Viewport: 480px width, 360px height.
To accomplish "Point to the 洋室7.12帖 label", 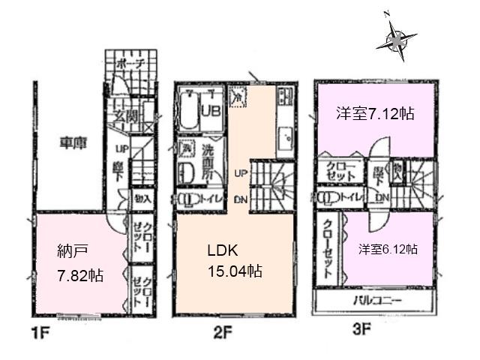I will pos(375,115).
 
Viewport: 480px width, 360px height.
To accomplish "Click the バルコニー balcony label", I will pos(376,301).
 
